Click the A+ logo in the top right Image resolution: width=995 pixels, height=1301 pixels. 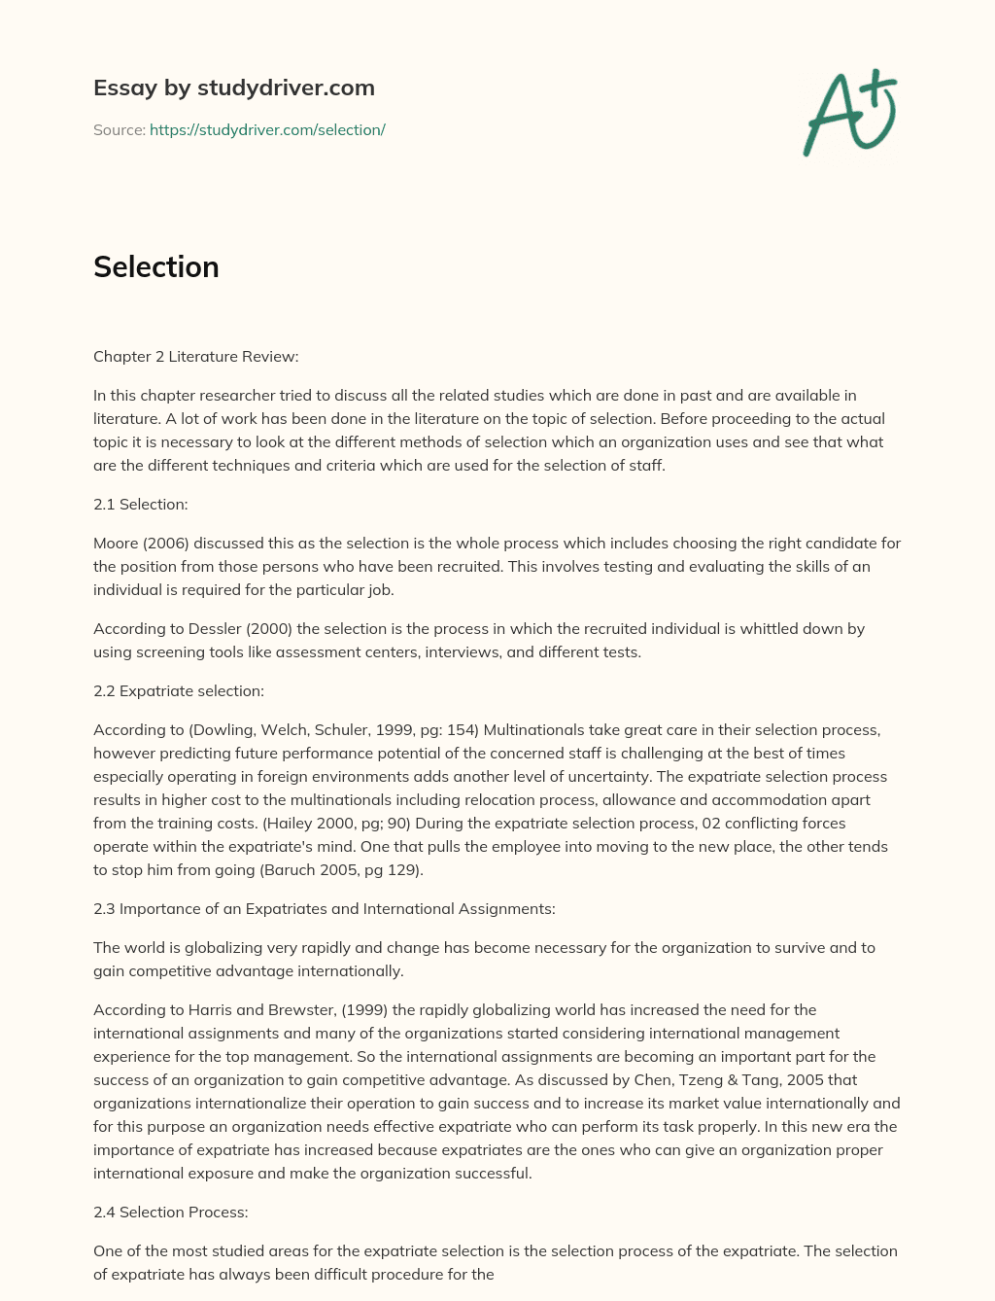pyautogui.click(x=850, y=112)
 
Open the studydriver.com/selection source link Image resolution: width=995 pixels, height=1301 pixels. pyautogui.click(x=267, y=129)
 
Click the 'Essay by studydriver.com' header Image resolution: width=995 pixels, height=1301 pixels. pyautogui.click(x=233, y=88)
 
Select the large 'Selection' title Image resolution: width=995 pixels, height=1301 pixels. pyautogui.click(x=155, y=266)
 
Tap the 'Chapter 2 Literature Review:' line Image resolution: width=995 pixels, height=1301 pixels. pyautogui.click(x=195, y=356)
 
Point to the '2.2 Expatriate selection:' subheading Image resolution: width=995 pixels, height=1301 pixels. pyautogui.click(x=178, y=690)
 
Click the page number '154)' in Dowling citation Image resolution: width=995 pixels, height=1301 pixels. pyautogui.click(x=463, y=729)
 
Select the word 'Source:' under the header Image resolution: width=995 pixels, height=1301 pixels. pyautogui.click(x=119, y=129)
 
